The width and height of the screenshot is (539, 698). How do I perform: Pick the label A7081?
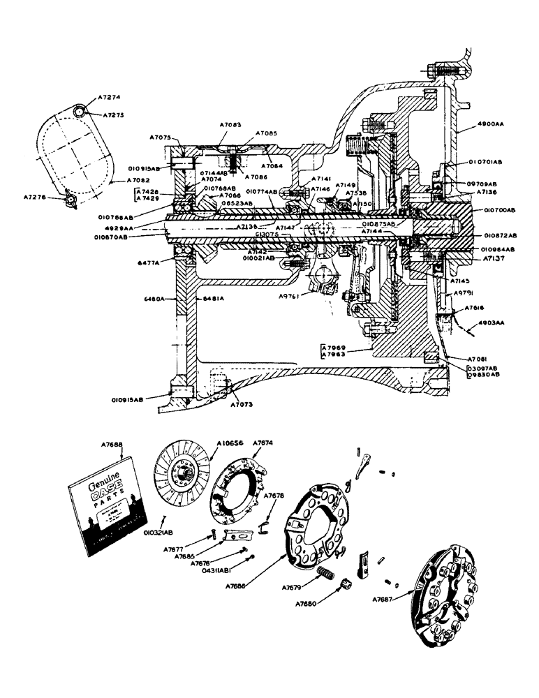481,357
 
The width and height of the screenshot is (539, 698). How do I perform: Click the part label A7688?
112,443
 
